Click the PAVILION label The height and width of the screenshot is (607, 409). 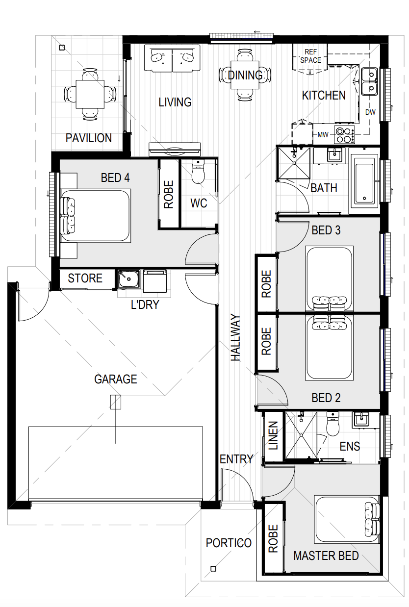(x=89, y=138)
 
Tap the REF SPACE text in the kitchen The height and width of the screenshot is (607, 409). (x=310, y=56)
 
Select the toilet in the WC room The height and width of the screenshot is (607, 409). (x=198, y=172)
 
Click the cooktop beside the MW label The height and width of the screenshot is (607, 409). (x=344, y=135)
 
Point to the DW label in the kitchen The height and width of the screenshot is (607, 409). (x=370, y=112)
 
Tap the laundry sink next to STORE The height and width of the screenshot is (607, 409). (x=129, y=279)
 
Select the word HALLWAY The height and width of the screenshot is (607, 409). (x=235, y=337)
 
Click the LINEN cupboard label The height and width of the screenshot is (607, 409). (x=273, y=435)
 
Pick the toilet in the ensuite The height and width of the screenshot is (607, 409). (x=332, y=424)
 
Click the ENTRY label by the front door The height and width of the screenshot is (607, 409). (x=236, y=459)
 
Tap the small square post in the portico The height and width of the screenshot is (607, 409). (x=213, y=569)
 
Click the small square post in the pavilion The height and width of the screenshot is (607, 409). (x=62, y=48)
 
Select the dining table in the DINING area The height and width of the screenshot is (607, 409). (x=245, y=75)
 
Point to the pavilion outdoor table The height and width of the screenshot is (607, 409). (x=90, y=94)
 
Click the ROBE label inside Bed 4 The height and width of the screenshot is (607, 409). (x=169, y=194)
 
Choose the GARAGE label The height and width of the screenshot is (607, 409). (x=115, y=379)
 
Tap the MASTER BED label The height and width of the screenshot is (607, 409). (x=326, y=556)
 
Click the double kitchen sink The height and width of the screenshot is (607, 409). (x=369, y=81)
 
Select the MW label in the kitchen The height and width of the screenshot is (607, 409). (x=323, y=135)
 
